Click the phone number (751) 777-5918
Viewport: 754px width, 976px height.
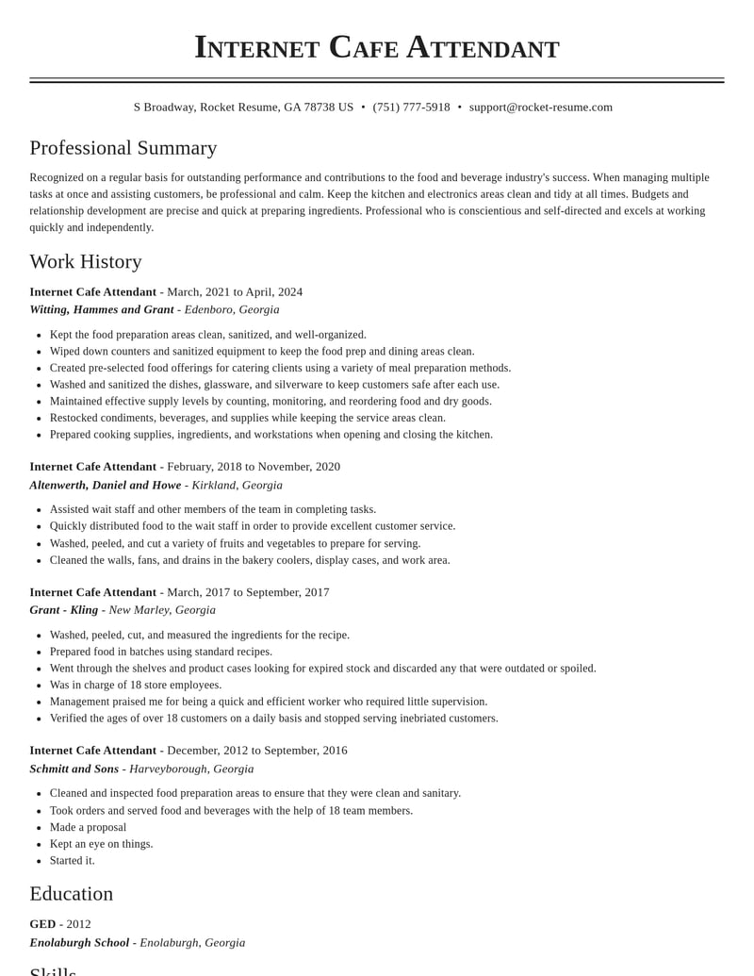(411, 108)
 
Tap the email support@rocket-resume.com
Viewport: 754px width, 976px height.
(540, 108)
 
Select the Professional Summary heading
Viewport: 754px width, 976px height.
(123, 148)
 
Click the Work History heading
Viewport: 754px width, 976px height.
(85, 261)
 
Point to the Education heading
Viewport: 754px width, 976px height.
(71, 894)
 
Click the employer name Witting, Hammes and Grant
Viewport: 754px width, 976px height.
(101, 309)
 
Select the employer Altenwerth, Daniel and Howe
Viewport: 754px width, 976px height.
(105, 485)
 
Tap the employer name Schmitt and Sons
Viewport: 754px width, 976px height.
(74, 769)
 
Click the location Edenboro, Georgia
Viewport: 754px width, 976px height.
(232, 309)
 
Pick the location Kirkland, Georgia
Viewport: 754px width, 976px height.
(237, 485)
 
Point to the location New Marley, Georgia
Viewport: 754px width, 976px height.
(162, 610)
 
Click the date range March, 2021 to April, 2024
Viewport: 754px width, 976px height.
(235, 292)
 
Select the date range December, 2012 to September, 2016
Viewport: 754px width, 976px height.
(257, 751)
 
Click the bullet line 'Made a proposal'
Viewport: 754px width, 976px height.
(88, 827)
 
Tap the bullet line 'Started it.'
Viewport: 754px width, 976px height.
(72, 860)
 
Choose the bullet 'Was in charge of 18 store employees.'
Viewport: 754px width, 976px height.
(136, 685)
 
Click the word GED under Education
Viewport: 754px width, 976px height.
(42, 924)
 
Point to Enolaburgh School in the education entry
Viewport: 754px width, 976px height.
(79, 942)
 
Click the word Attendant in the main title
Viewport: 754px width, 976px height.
(483, 47)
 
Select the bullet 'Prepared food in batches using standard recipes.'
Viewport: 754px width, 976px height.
(160, 652)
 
